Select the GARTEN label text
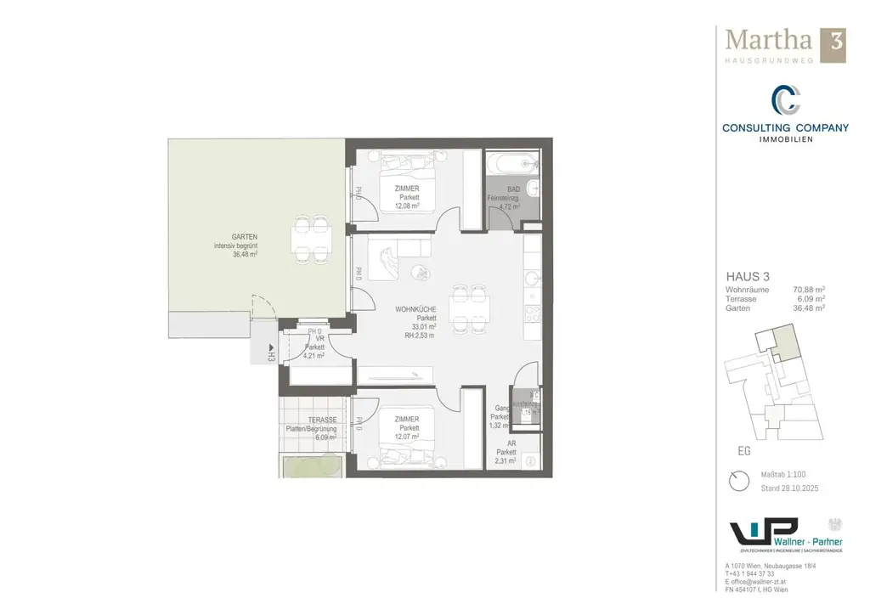click(x=244, y=237)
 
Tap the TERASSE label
click(x=322, y=420)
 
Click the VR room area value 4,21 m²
click(x=314, y=356)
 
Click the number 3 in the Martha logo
click(x=833, y=41)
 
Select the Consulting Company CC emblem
click(x=784, y=101)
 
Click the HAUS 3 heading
click(x=748, y=277)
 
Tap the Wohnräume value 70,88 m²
click(x=808, y=290)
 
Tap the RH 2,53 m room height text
click(x=421, y=335)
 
